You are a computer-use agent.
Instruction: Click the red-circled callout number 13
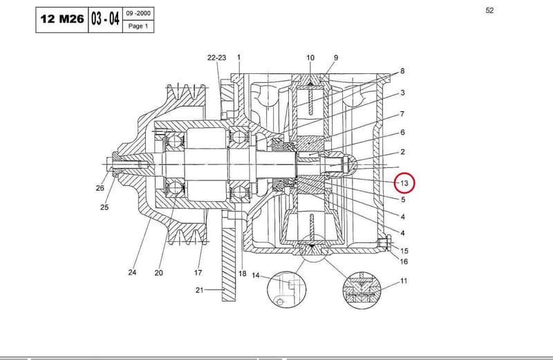404,183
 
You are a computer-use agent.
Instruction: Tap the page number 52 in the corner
489,10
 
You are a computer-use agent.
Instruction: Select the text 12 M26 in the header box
62,19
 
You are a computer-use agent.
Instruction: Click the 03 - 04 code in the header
105,19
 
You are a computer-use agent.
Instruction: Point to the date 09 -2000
138,13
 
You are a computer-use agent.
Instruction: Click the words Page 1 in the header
138,26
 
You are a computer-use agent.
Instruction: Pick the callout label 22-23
216,57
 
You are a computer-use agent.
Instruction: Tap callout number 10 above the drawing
310,57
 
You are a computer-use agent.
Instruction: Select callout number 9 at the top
336,57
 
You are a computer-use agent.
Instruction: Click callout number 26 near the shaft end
100,188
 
